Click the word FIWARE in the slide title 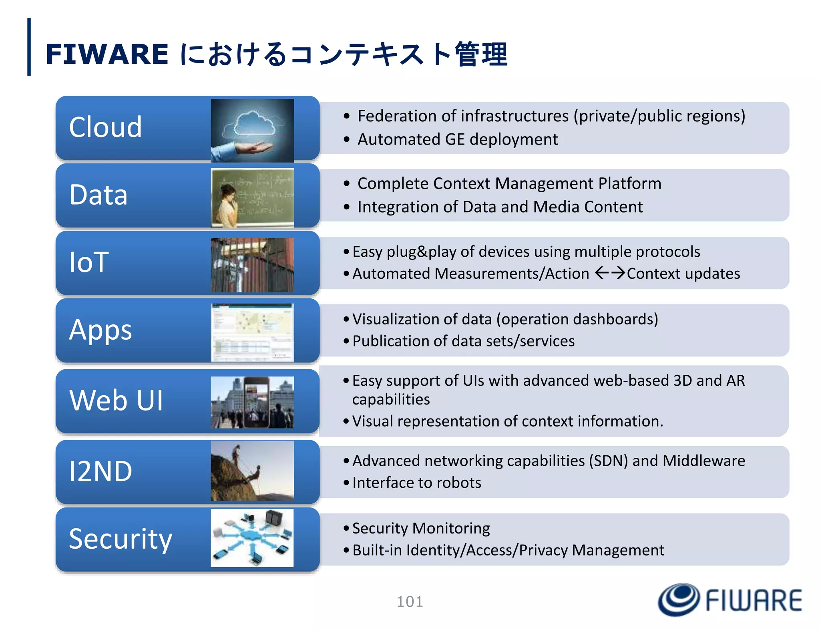(x=107, y=54)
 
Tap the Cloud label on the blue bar (x=105, y=127)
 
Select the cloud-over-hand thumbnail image (x=252, y=130)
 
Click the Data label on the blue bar (x=98, y=195)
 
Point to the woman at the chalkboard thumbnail (x=252, y=197)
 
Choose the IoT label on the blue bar (x=89, y=262)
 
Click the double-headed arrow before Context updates (x=609, y=273)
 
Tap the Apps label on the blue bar (x=100, y=330)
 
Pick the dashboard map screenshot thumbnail (x=252, y=332)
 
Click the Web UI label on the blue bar (x=116, y=400)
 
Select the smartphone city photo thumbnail (x=252, y=402)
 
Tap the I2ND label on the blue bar (x=100, y=471)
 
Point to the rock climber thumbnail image (x=252, y=471)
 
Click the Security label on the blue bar (x=121, y=539)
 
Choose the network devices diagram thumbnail (x=252, y=538)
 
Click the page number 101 (x=410, y=602)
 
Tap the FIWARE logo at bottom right (x=730, y=600)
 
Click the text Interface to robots (x=416, y=483)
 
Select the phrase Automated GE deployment (x=457, y=139)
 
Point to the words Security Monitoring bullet (x=421, y=528)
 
